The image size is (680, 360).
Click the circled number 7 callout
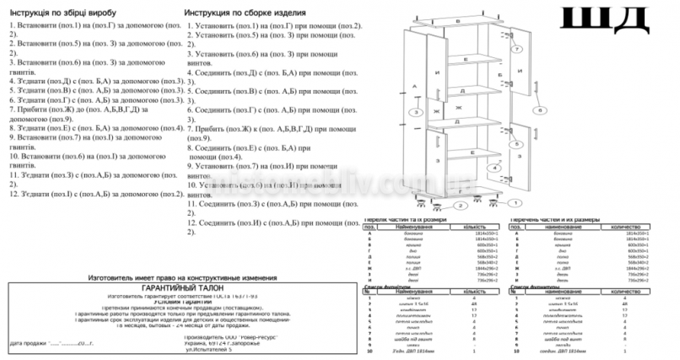[x=516, y=51]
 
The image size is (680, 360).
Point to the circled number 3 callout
[x=415, y=112]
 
